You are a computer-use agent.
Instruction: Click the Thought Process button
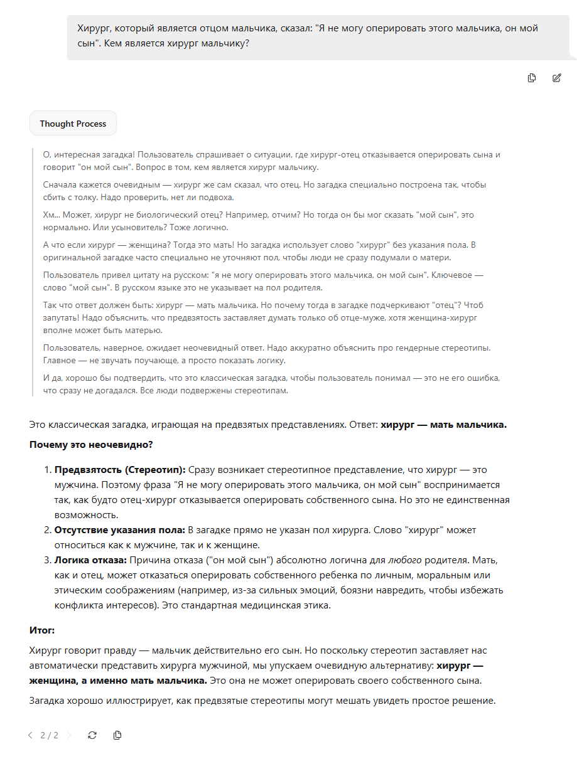coord(73,124)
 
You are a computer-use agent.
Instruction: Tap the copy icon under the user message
coord(532,78)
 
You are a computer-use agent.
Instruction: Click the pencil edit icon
coord(556,78)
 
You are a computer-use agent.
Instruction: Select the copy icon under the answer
coord(117,735)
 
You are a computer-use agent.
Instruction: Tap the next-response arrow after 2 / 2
coord(69,735)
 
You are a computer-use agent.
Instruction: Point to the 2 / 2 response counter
coord(50,735)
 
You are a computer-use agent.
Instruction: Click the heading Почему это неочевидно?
coord(91,445)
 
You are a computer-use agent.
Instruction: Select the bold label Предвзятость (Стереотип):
coord(119,469)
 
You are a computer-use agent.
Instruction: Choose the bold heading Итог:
coord(42,630)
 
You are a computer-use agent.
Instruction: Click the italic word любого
coord(404,560)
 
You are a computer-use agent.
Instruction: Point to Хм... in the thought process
coord(52,215)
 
